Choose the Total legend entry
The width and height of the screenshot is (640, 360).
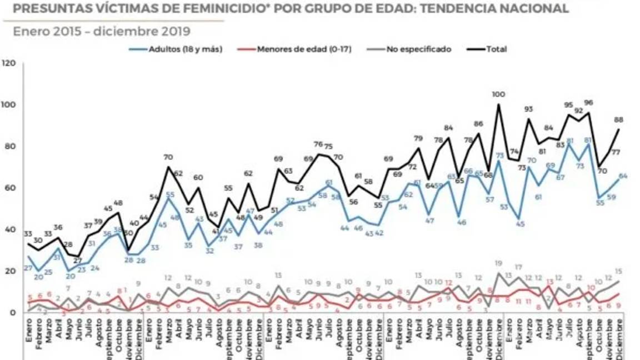pos(496,49)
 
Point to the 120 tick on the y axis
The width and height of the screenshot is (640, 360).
pos(8,63)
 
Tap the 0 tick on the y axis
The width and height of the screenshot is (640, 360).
pos(12,313)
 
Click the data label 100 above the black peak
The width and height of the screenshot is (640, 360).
pos(499,95)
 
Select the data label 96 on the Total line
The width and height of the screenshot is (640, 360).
pos(588,103)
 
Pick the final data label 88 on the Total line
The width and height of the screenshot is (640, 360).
pos(617,119)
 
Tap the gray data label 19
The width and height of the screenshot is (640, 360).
pos(499,264)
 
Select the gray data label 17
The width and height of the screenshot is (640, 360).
pos(518,268)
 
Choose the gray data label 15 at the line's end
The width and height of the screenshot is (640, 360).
pos(618,272)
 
